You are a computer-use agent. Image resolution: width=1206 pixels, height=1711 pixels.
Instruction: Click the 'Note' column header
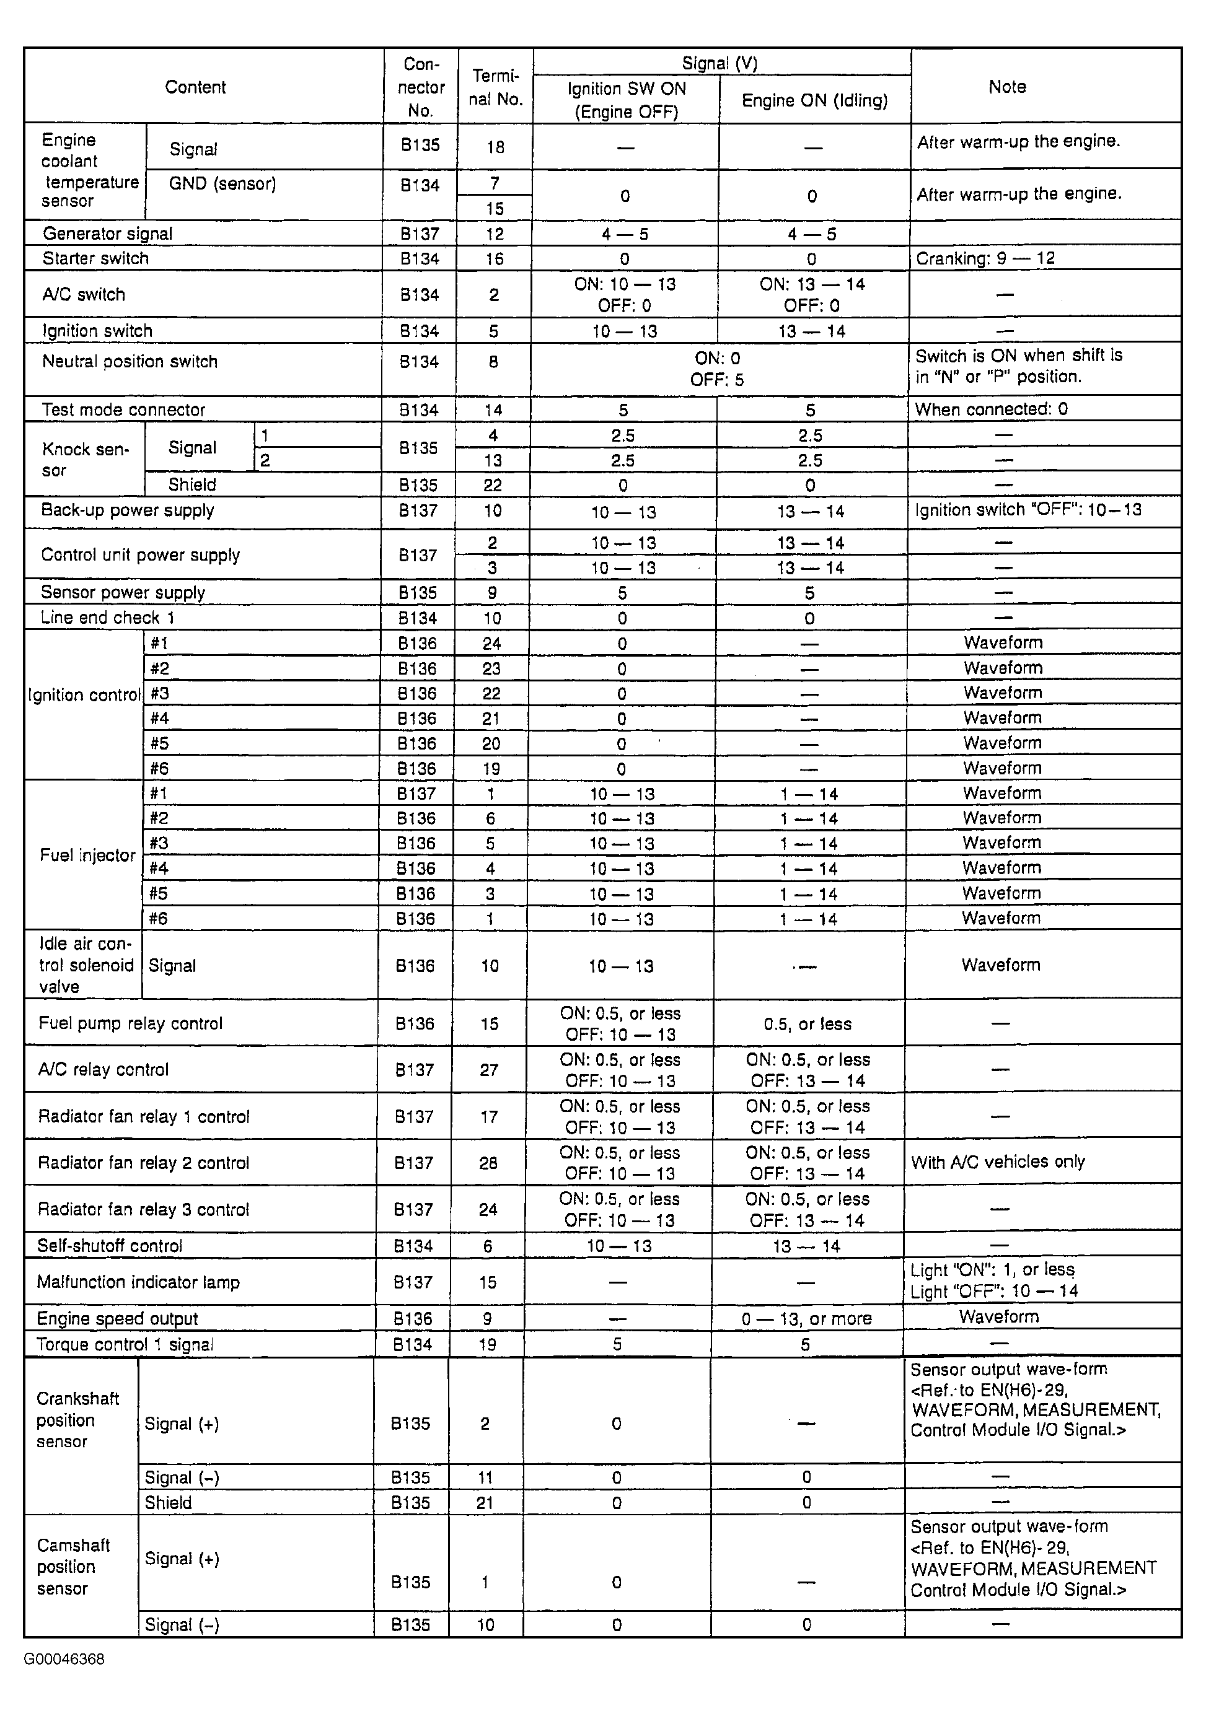tap(1006, 87)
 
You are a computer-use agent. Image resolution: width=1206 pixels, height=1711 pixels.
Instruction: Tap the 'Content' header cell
tap(195, 87)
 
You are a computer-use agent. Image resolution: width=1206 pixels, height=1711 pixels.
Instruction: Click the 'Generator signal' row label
tap(107, 234)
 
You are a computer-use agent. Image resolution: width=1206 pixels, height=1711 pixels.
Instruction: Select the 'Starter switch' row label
tap(95, 258)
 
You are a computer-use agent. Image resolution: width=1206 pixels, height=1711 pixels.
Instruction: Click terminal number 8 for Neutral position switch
tap(493, 362)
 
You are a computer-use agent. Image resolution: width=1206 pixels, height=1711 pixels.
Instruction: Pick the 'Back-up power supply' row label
tap(128, 510)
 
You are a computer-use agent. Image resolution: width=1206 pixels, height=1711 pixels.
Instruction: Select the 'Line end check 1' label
tap(107, 618)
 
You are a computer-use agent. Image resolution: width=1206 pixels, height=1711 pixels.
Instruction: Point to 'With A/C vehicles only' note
tap(997, 1162)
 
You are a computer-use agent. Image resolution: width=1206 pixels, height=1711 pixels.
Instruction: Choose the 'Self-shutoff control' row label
tap(110, 1246)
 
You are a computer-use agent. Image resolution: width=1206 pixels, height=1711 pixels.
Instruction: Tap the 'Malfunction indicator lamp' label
tap(138, 1282)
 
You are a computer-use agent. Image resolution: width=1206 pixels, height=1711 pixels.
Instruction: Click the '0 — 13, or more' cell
tap(806, 1319)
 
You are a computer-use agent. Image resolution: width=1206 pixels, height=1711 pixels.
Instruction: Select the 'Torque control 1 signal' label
tap(125, 1344)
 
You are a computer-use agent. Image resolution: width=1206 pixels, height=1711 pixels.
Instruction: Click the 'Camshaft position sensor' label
tap(73, 1567)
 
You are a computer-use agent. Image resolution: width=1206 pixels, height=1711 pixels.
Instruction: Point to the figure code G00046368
tap(64, 1660)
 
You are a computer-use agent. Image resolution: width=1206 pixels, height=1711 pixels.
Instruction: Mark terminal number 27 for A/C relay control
tap(489, 1070)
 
